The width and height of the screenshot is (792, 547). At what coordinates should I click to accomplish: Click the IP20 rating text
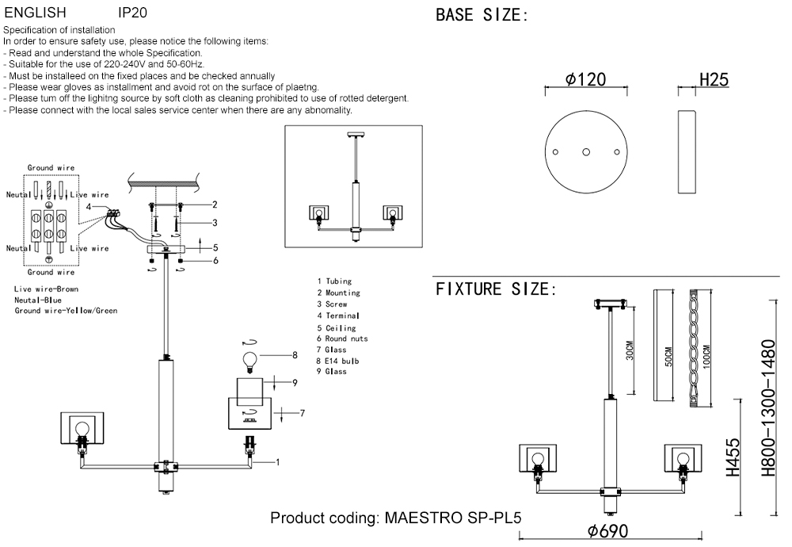tap(131, 13)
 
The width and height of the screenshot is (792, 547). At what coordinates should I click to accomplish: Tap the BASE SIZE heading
tap(482, 15)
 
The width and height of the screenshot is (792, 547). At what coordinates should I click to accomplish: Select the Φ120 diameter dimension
tap(586, 79)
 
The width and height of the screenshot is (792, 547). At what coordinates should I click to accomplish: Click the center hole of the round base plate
tap(586, 151)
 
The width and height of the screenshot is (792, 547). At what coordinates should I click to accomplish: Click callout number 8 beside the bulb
tap(295, 354)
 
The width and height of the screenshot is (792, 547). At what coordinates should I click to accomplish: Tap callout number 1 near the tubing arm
tap(277, 461)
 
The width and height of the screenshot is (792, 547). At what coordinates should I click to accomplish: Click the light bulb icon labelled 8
tap(251, 360)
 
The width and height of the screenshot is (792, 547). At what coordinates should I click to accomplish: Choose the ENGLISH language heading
tap(36, 13)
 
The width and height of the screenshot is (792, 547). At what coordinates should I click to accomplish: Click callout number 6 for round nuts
tap(215, 260)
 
